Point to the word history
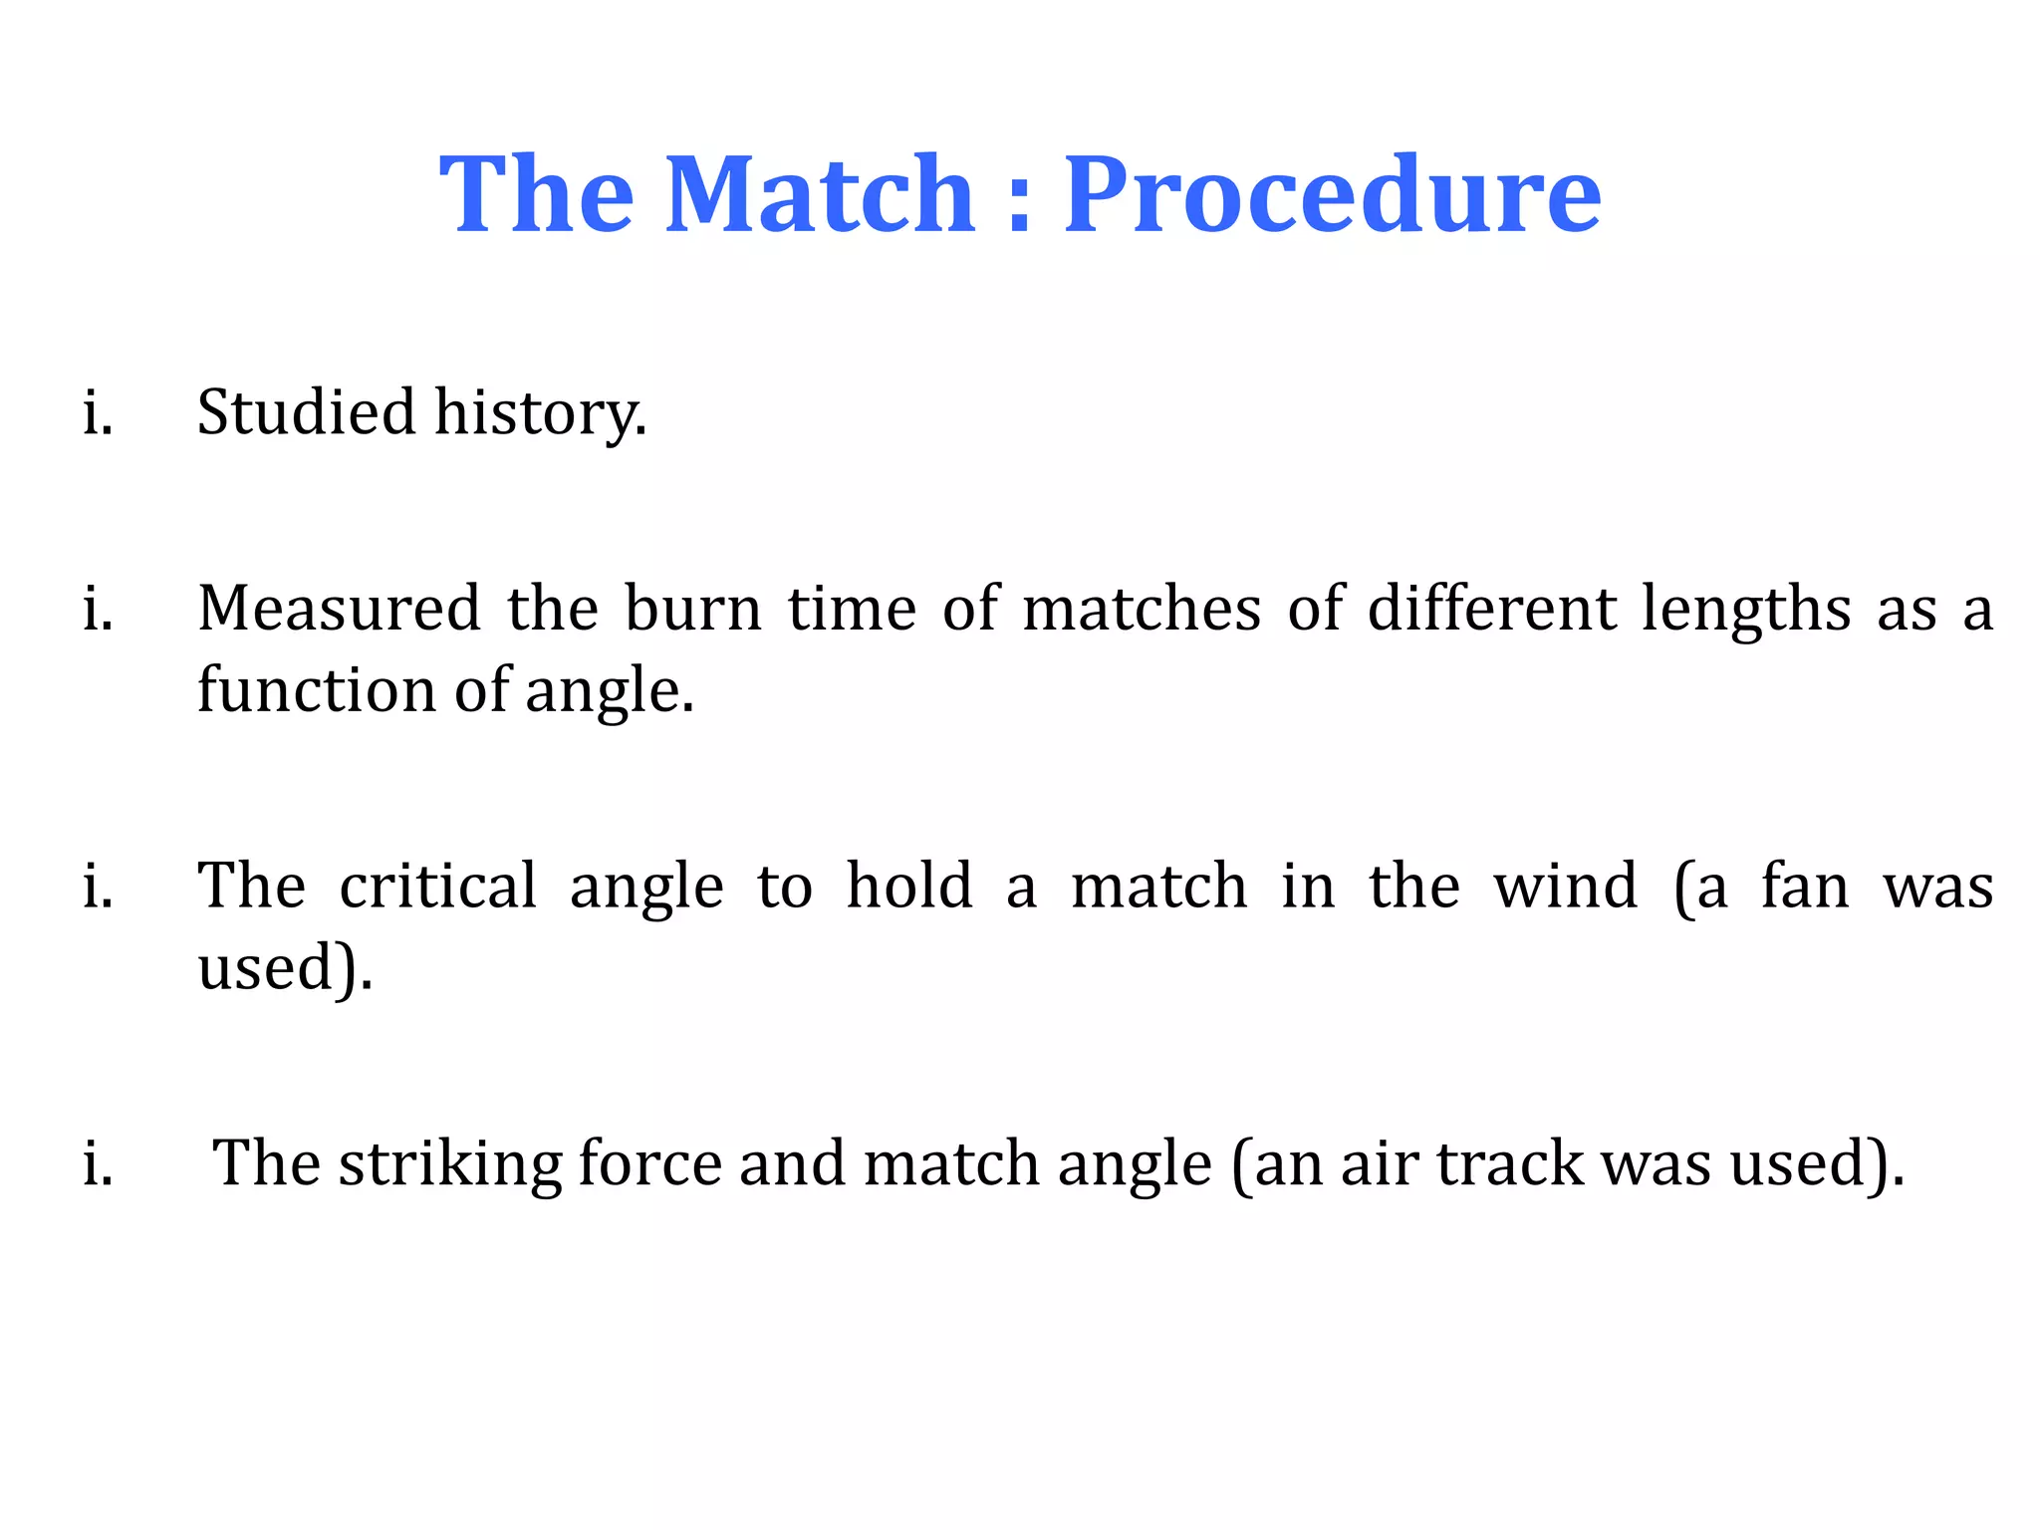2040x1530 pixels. (541, 413)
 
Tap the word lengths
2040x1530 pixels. (1746, 610)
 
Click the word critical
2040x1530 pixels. (437, 886)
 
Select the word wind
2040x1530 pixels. (1565, 886)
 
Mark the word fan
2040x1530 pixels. (1805, 886)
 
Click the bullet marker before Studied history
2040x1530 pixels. (98, 411)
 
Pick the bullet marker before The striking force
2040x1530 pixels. (98, 1163)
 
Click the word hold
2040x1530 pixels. (908, 886)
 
